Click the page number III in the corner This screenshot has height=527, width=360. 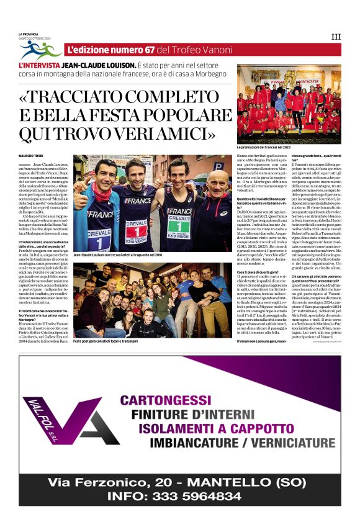tap(336, 37)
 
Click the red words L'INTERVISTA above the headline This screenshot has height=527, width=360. tap(39, 65)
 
